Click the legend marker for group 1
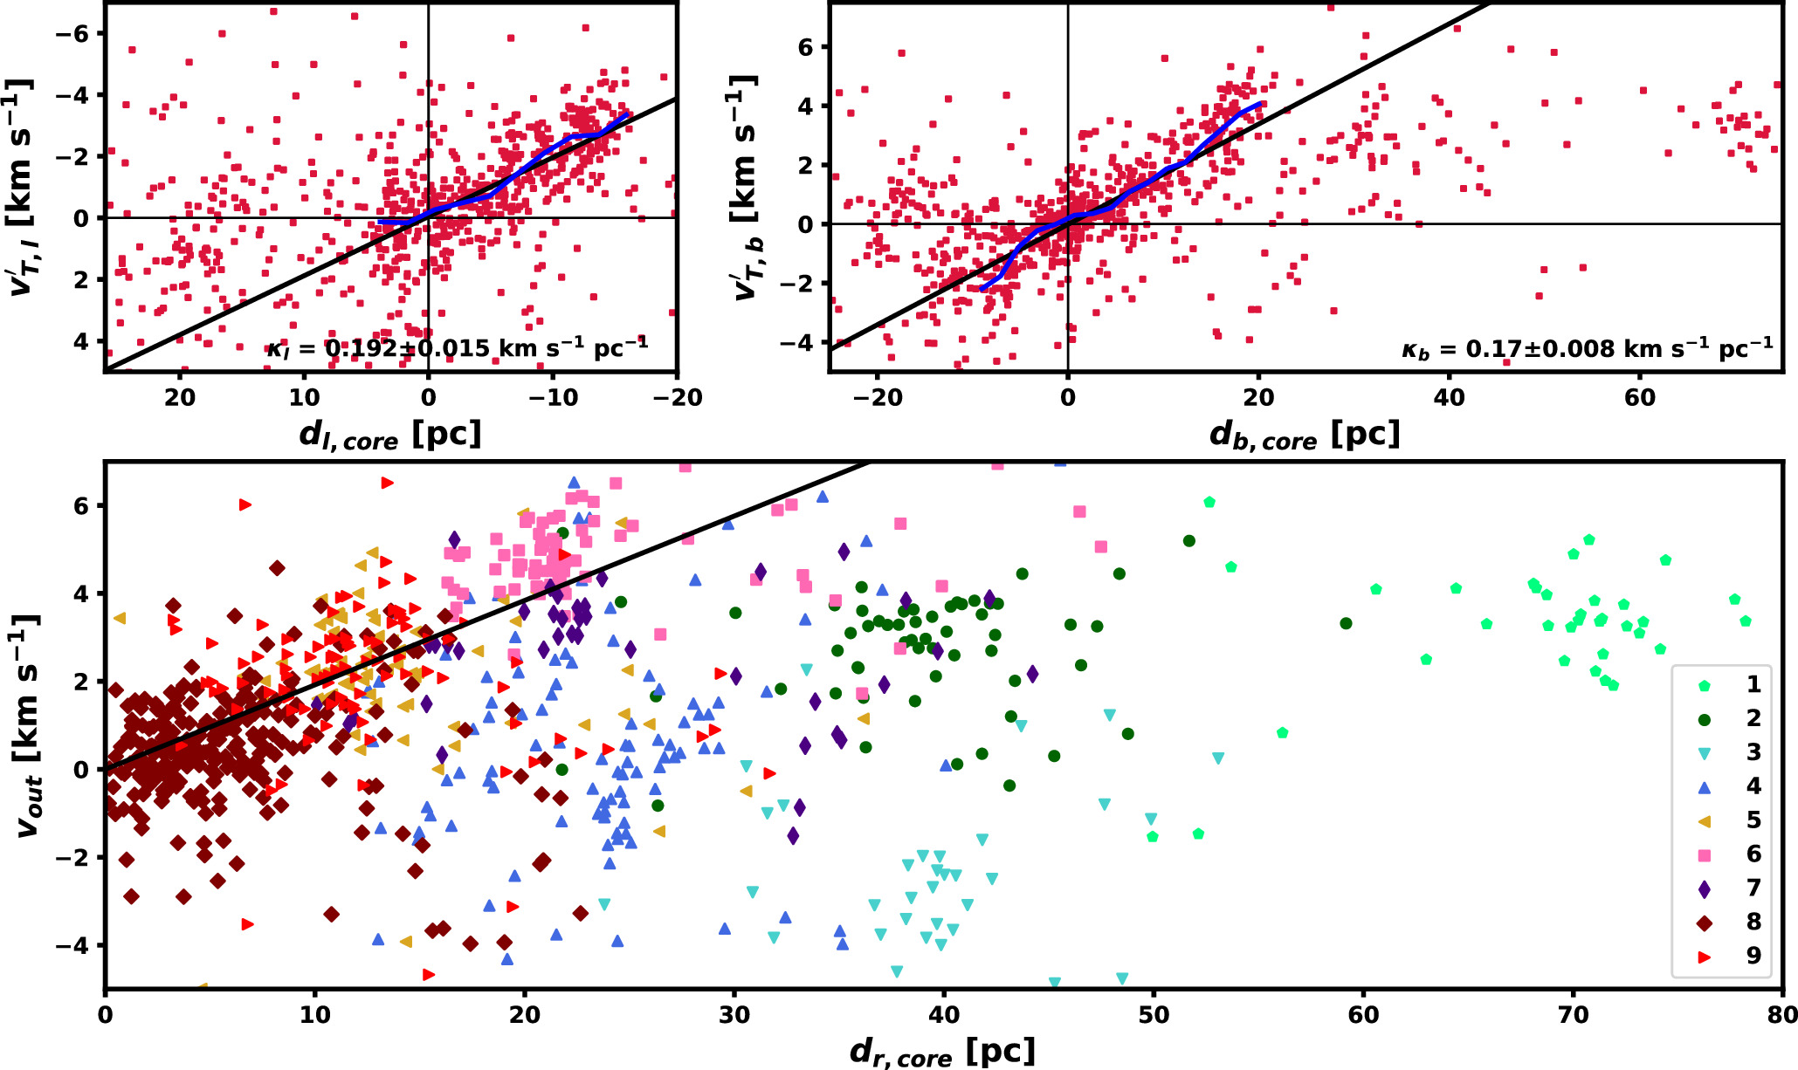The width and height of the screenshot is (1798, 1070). point(1704,685)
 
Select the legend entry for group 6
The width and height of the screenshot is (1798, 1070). point(1704,855)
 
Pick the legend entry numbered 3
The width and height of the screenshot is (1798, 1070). point(1704,753)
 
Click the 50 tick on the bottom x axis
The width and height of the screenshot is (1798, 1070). point(1154,1014)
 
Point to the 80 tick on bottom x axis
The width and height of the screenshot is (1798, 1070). point(1782,1014)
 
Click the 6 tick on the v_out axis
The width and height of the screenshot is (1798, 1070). point(84,506)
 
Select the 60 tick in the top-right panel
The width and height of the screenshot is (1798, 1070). point(1639,398)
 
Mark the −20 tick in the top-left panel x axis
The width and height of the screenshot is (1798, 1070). point(678,398)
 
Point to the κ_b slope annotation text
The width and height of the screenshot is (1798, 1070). point(1587,348)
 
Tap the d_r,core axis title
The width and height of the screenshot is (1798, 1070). point(942,1052)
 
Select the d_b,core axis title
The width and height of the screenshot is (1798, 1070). point(1305,435)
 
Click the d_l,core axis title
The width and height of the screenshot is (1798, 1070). point(390,435)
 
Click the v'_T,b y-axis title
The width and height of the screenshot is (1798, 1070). point(747,188)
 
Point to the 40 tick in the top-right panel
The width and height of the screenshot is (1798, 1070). point(1449,398)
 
